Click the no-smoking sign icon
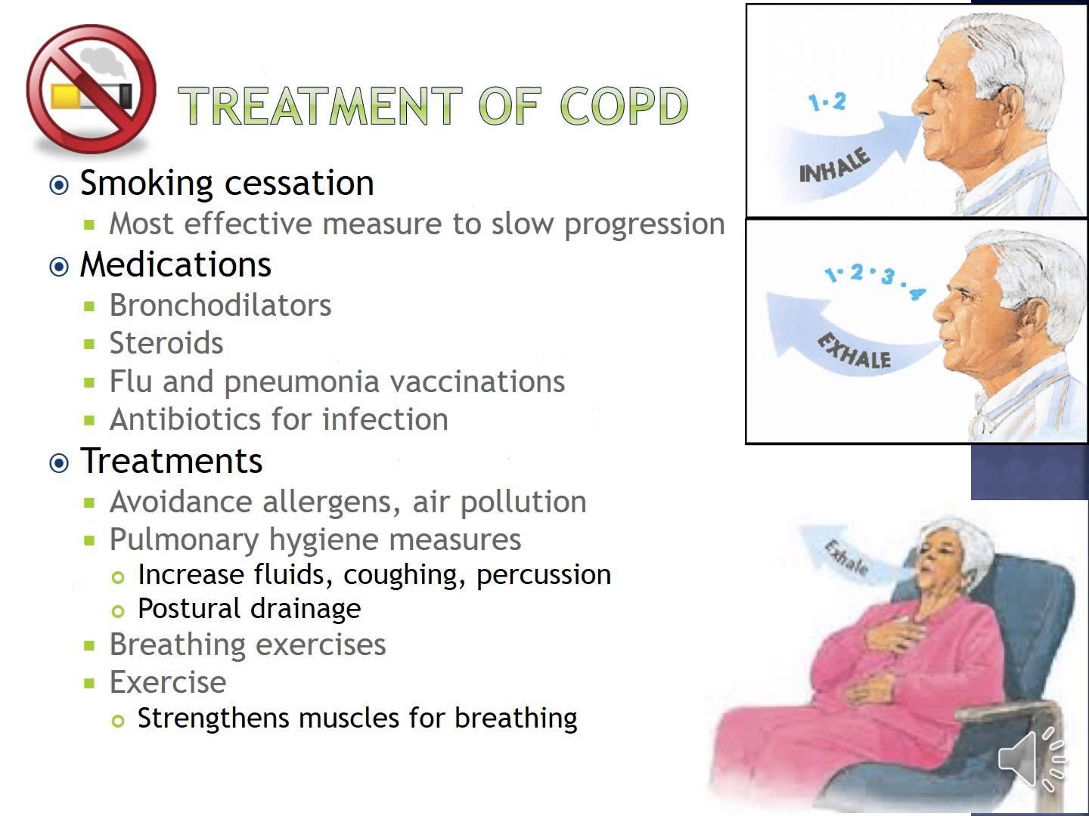(91, 91)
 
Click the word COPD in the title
(624, 106)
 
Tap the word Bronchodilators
(220, 305)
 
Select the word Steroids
(166, 343)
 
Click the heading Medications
(175, 264)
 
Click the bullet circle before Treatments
(59, 462)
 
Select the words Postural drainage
(249, 609)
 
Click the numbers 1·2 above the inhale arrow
(827, 101)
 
